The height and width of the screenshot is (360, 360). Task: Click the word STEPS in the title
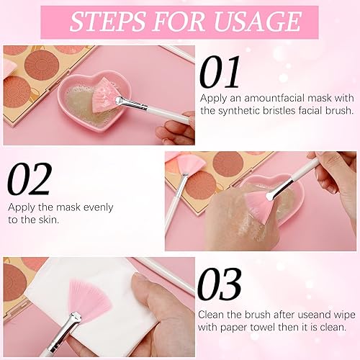[x=107, y=22]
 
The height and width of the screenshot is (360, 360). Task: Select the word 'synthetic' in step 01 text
[x=249, y=110]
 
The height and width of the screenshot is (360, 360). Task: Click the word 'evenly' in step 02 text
[x=97, y=206]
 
